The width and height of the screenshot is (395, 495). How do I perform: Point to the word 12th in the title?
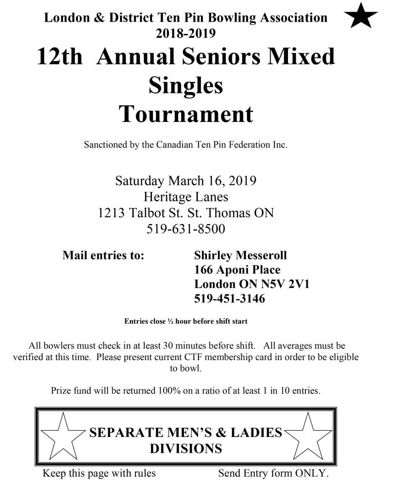pyautogui.click(x=60, y=58)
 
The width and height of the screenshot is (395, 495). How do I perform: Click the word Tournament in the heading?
pyautogui.click(x=186, y=114)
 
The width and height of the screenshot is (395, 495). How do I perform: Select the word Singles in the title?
pyautogui.click(x=186, y=86)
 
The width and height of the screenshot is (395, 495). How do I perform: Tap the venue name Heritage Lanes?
pyautogui.click(x=186, y=197)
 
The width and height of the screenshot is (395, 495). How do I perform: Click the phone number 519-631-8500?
pyautogui.click(x=186, y=228)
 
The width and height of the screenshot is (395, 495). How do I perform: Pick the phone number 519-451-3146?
pyautogui.click(x=229, y=299)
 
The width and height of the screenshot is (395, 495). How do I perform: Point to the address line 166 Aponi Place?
pyautogui.click(x=237, y=270)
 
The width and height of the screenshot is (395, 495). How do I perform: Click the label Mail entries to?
pyautogui.click(x=103, y=255)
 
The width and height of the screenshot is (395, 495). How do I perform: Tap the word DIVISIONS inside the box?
pyautogui.click(x=186, y=448)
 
